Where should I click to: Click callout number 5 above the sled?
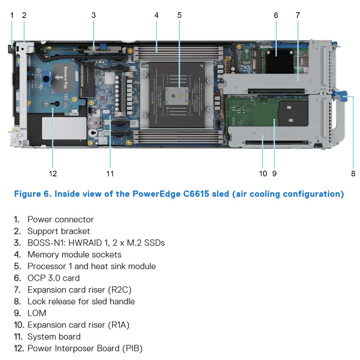pyautogui.click(x=180, y=15)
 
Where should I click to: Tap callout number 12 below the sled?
pyautogui.click(x=53, y=173)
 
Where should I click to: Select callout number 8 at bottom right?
pyautogui.click(x=353, y=173)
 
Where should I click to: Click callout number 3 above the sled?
pyautogui.click(x=94, y=15)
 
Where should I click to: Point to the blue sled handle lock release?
pyautogui.click(x=342, y=96)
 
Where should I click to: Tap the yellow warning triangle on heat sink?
pyautogui.click(x=180, y=96)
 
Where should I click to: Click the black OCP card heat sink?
pyautogui.click(x=279, y=60)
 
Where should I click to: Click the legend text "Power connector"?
pyautogui.click(x=60, y=220)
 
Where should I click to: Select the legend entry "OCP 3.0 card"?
pyautogui.click(x=53, y=278)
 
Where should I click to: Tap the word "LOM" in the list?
pyautogui.click(x=37, y=313)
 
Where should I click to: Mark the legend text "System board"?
pyautogui.click(x=54, y=337)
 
